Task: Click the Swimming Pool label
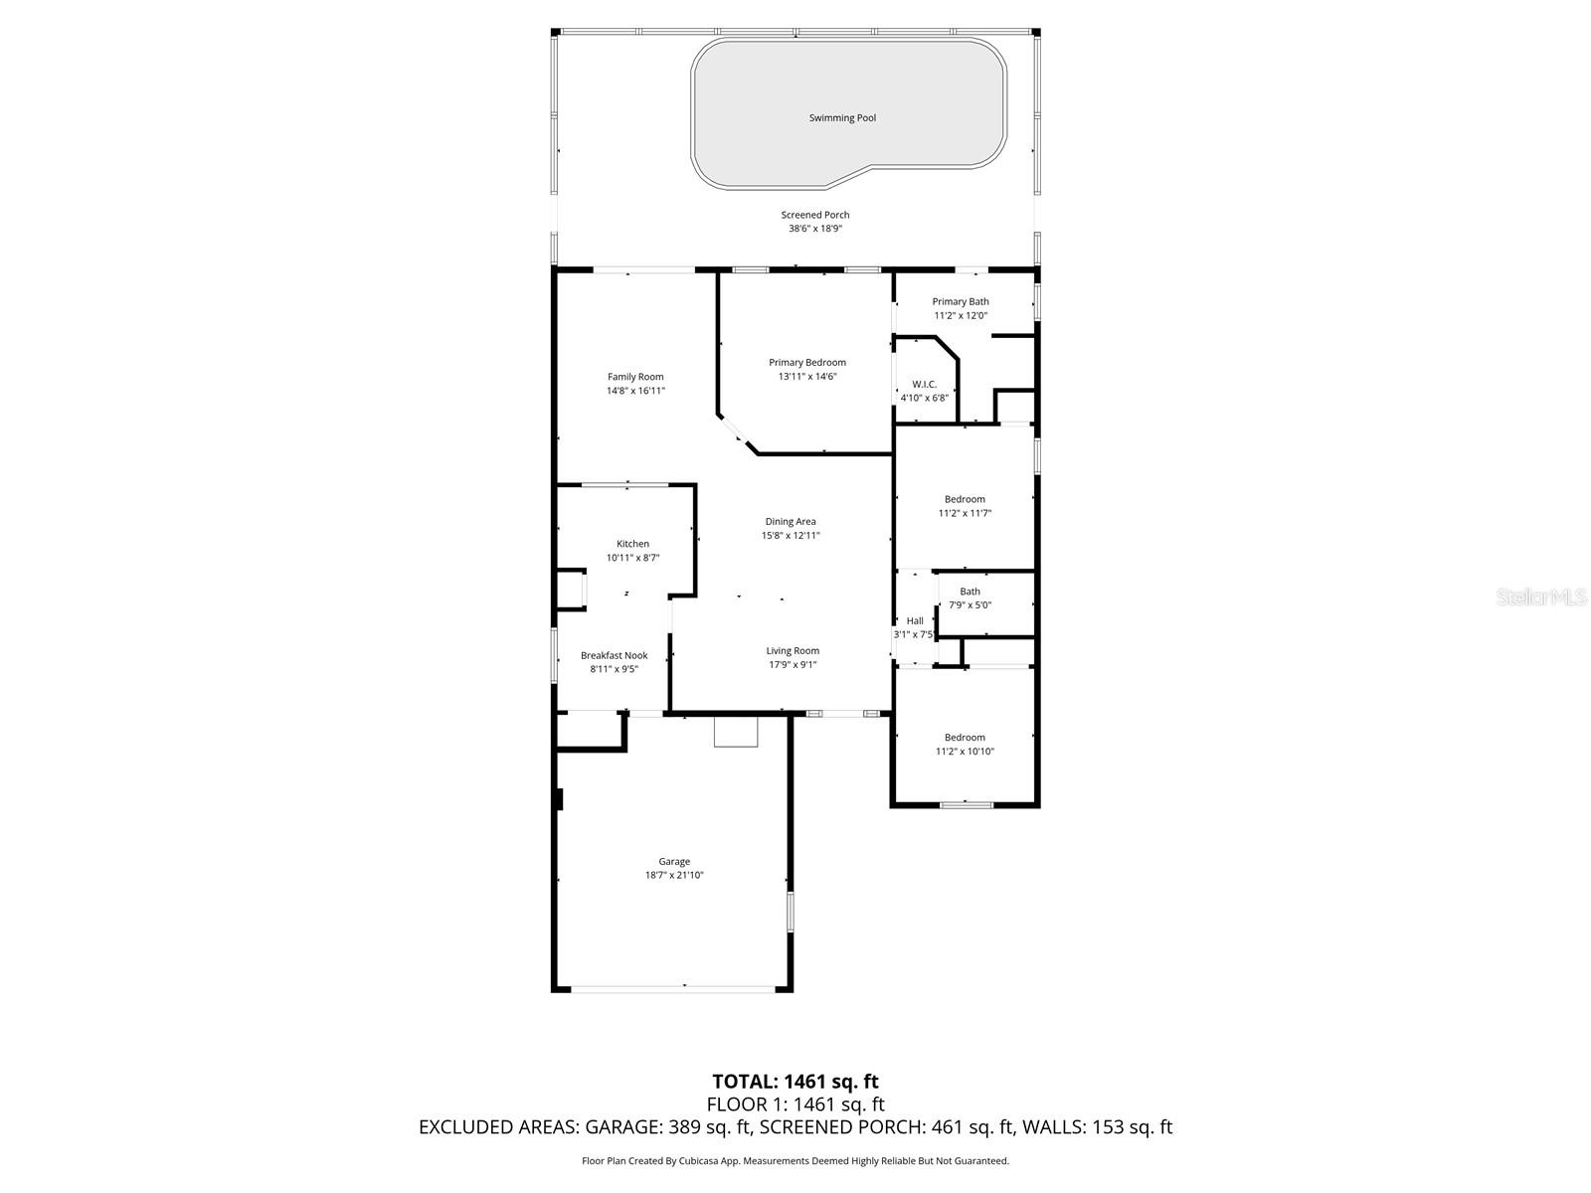click(x=842, y=118)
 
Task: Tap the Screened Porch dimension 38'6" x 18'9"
click(x=814, y=229)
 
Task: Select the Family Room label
click(x=635, y=377)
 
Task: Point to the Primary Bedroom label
click(x=806, y=363)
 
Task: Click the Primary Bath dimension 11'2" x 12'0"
click(x=960, y=316)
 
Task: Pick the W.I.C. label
click(x=924, y=385)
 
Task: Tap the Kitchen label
click(x=632, y=544)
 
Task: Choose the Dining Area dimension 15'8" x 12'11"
click(x=791, y=536)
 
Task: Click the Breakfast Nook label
click(x=614, y=655)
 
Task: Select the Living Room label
click(x=793, y=651)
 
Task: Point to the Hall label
click(x=914, y=621)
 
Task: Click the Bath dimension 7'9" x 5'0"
click(x=970, y=605)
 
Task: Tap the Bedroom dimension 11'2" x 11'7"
click(x=965, y=514)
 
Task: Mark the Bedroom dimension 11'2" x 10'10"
click(x=965, y=752)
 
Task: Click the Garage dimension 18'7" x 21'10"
click(x=674, y=876)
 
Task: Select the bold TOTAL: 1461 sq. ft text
click(x=795, y=1082)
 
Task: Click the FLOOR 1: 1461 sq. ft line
click(x=795, y=1105)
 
